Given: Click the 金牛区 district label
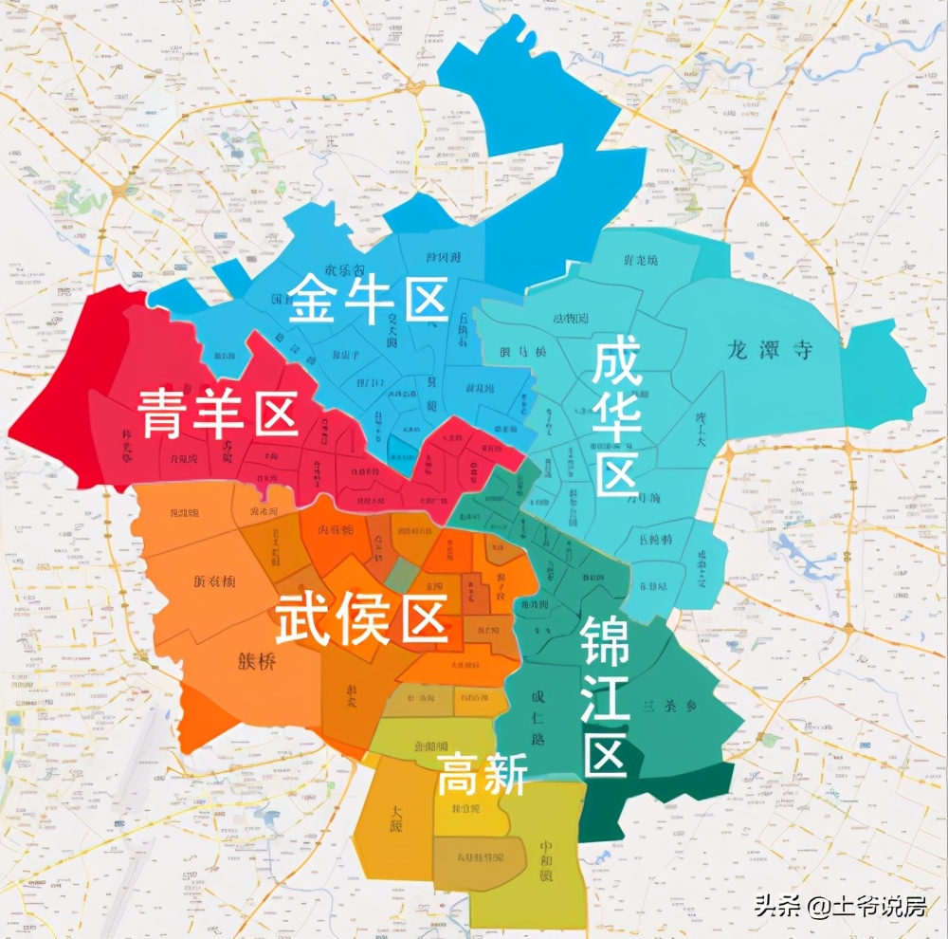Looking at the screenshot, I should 368,301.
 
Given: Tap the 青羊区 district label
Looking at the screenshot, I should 218,414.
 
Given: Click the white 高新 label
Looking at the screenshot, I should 482,777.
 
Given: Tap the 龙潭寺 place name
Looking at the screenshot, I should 769,349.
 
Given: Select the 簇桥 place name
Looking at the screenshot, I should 257,662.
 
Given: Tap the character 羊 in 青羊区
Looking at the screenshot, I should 218,414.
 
